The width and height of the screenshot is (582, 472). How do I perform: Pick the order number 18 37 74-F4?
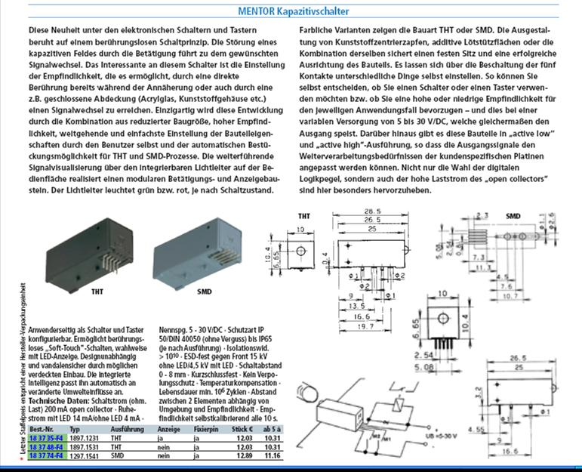coord(45,455)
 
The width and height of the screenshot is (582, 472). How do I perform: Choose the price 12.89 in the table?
coord(239,455)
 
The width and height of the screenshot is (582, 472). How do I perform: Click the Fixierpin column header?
coord(205,428)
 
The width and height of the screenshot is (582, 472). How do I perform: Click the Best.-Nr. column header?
coord(42,428)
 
